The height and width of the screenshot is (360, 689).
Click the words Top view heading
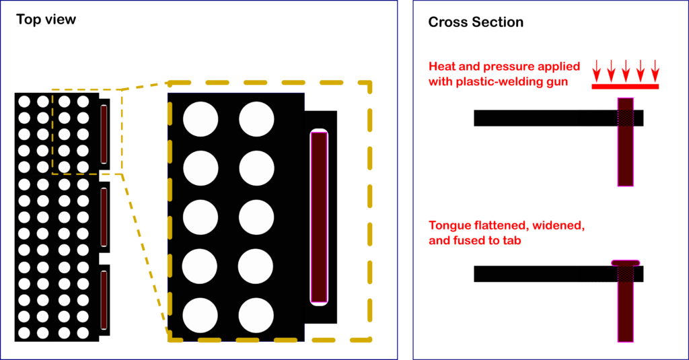click(46, 20)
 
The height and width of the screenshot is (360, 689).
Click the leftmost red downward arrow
click(596, 69)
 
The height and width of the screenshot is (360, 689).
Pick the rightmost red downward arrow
click(655, 69)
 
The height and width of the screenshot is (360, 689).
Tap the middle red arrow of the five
click(626, 69)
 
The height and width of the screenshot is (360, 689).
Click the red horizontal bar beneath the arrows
click(625, 86)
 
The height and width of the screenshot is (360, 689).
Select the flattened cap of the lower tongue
click(626, 262)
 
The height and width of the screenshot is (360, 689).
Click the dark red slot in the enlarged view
click(319, 217)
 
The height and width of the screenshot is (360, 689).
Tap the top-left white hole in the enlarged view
click(201, 119)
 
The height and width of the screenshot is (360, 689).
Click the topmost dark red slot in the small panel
click(104, 134)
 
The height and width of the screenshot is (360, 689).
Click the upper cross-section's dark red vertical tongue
click(626, 155)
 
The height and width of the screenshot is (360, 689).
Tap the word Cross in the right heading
click(445, 23)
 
